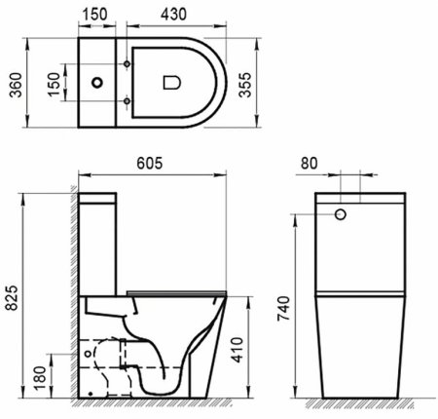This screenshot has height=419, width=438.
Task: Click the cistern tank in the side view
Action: [x=98, y=234]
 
